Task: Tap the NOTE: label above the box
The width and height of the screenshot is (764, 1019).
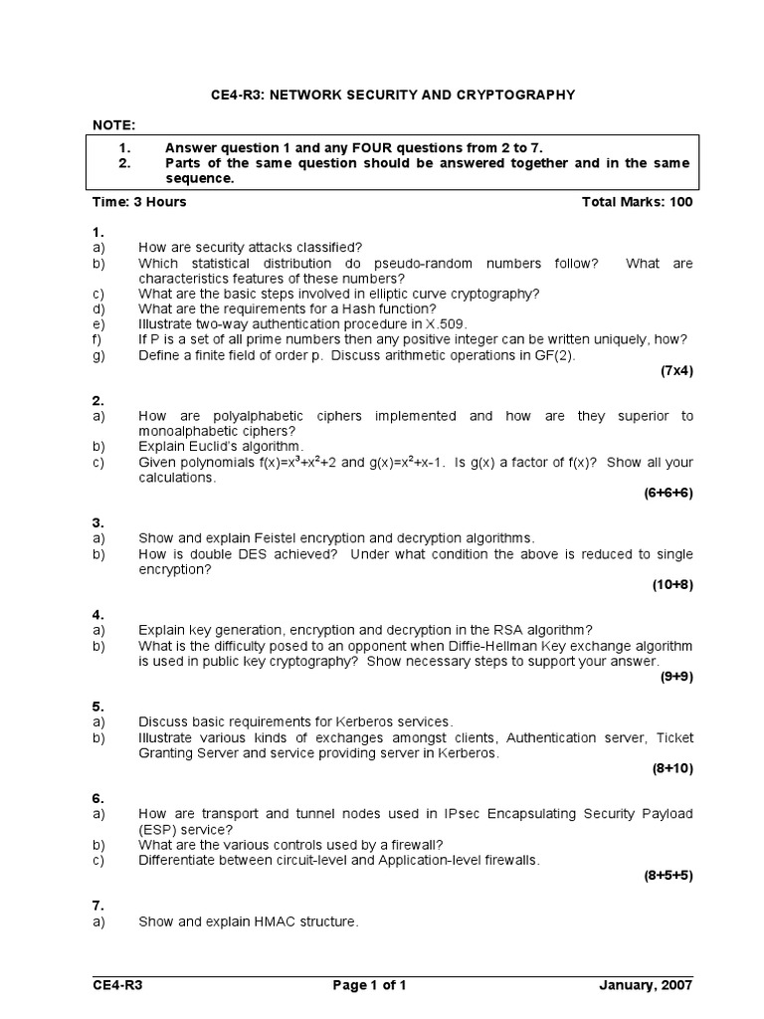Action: tap(113, 124)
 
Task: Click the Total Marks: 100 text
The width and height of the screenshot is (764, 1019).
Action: tap(637, 201)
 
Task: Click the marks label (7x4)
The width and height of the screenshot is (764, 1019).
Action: tap(676, 370)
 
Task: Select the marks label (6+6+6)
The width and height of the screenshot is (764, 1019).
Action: tap(668, 493)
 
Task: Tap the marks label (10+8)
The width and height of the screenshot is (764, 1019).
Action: tap(672, 584)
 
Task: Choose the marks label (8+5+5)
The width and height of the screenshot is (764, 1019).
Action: tap(668, 875)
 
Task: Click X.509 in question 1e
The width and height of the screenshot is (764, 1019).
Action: tap(445, 323)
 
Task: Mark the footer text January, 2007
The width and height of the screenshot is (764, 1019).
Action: tap(647, 985)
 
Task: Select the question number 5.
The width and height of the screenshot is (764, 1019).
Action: tap(97, 706)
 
